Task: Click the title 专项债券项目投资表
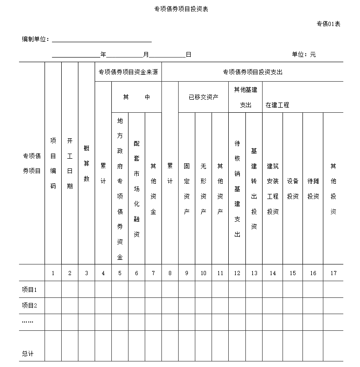pyautogui.click(x=181, y=9)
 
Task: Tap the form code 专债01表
pyautogui.click(x=328, y=24)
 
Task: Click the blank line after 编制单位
pyautogui.click(x=102, y=40)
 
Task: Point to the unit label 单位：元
pyautogui.click(x=304, y=54)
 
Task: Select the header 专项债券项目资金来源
pyautogui.click(x=128, y=72)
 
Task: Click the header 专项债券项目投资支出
pyautogui.click(x=252, y=72)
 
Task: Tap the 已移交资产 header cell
pyautogui.click(x=203, y=97)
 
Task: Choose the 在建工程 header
pyautogui.click(x=277, y=105)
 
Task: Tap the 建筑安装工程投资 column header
pyautogui.click(x=273, y=189)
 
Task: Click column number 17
pyautogui.click(x=333, y=273)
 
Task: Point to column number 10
pyautogui.click(x=203, y=273)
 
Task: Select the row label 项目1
pyautogui.click(x=29, y=290)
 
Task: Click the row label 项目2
pyautogui.click(x=29, y=305)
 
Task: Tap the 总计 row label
pyautogui.click(x=28, y=354)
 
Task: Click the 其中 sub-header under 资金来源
pyautogui.click(x=136, y=97)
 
